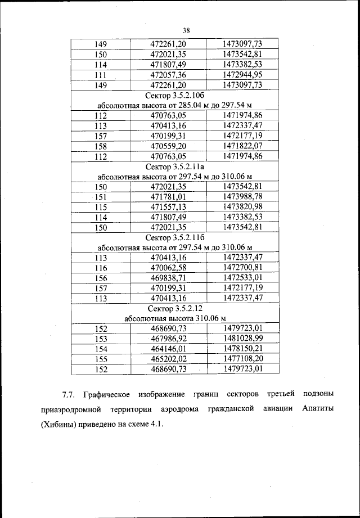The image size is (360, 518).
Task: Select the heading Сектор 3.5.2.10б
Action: pos(175,95)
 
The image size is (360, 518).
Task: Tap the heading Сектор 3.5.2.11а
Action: pos(175,166)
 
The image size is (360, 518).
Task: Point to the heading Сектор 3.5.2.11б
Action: pos(175,237)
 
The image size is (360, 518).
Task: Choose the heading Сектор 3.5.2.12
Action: pos(175,309)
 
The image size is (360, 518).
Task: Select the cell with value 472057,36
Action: pos(168,75)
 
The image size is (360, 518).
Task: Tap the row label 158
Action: pos(101,146)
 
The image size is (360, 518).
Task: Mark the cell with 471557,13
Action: pos(168,207)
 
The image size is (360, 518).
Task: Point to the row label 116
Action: pos(101,268)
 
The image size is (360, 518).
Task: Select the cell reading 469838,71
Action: pos(168,278)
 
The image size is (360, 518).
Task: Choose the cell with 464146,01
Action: pos(168,349)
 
